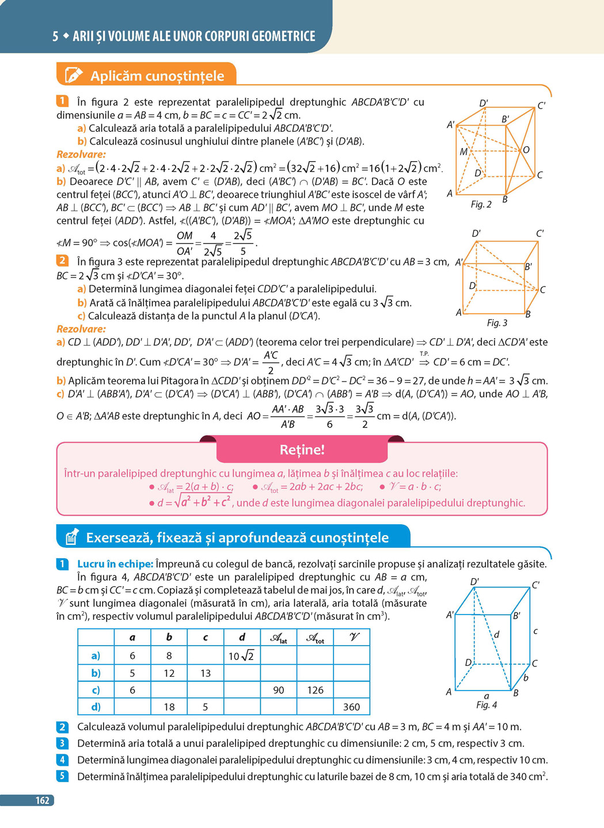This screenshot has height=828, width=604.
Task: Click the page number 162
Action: coord(42,800)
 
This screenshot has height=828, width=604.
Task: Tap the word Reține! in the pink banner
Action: coord(302,450)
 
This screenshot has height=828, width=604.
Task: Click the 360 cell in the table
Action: coord(351,707)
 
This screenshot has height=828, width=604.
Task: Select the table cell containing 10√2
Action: coord(241,656)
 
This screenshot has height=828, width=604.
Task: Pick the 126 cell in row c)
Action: coord(315,690)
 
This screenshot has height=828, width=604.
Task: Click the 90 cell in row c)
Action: coord(279,690)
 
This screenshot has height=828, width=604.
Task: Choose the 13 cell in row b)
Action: coord(206,673)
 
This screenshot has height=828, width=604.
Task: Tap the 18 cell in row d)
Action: coord(169,707)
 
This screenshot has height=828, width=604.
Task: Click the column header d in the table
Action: coord(242,637)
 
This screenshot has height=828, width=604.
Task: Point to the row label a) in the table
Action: coord(96,656)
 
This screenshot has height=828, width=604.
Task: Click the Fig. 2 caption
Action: coord(481,204)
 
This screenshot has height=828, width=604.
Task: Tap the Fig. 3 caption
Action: coord(497,323)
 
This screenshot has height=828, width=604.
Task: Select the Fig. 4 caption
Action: coord(487,705)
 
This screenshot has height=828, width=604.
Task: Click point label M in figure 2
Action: coord(464,152)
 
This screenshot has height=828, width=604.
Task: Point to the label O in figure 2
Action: coord(526,150)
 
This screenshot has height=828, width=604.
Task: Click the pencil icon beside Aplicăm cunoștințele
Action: coord(73,75)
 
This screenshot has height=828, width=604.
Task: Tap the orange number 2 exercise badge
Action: coord(62,261)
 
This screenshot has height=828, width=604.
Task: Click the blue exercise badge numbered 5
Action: coord(62,776)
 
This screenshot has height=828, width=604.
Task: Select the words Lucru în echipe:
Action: coord(115,564)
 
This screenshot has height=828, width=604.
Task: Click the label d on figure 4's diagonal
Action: coord(496,634)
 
